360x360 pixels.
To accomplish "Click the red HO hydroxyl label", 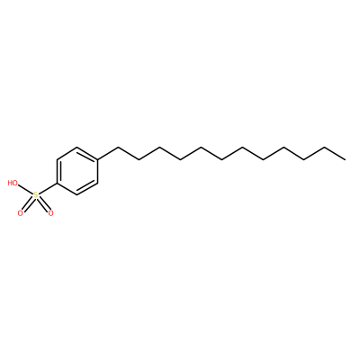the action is [13, 183].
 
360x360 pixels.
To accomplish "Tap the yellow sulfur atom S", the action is [36, 195].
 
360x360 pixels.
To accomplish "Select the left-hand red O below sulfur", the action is [21, 213].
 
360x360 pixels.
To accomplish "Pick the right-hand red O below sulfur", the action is [50, 213].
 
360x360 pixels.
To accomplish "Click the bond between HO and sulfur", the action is [25, 190].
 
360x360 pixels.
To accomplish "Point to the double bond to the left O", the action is [28, 205].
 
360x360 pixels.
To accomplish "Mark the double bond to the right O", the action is [44, 205].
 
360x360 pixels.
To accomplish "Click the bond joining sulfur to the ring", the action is [48, 189].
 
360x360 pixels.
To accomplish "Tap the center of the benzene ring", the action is [77, 171].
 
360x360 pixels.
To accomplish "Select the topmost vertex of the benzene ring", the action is [77, 147].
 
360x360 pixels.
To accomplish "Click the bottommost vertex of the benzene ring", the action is [77, 195].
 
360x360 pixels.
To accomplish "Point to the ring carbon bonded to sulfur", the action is [57, 183].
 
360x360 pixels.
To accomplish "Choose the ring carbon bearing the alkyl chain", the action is [98, 159].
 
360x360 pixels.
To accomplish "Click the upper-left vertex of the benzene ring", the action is [57, 159].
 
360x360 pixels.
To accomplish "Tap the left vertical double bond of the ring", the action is [58, 171].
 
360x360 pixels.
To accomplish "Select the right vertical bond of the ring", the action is [98, 171].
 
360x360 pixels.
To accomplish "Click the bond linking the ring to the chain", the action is [108, 153].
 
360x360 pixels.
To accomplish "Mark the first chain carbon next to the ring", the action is [119, 147].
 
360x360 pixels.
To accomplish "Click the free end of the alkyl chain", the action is [345, 159].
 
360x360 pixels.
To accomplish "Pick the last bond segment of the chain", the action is [335, 153].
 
